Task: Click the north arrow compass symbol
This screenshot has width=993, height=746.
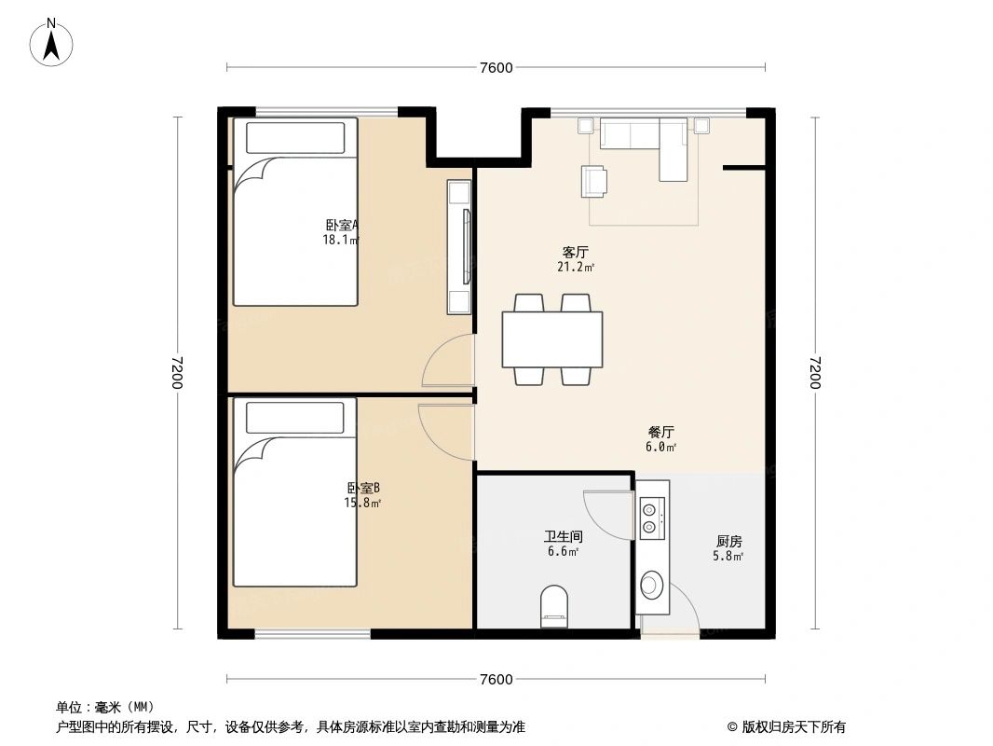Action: click(x=54, y=41)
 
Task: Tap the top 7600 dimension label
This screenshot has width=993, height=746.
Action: click(x=496, y=67)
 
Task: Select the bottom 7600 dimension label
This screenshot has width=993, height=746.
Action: click(x=496, y=679)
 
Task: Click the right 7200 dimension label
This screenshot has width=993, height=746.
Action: click(x=817, y=373)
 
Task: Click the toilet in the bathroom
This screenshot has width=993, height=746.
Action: click(x=554, y=605)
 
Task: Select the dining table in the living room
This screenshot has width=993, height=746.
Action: click(x=551, y=339)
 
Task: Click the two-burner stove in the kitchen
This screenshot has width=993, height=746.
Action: click(x=651, y=517)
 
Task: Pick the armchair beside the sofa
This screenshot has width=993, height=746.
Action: click(x=595, y=181)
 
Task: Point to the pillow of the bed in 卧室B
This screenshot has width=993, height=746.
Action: click(x=294, y=419)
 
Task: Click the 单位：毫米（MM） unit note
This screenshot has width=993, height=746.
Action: click(x=104, y=707)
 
